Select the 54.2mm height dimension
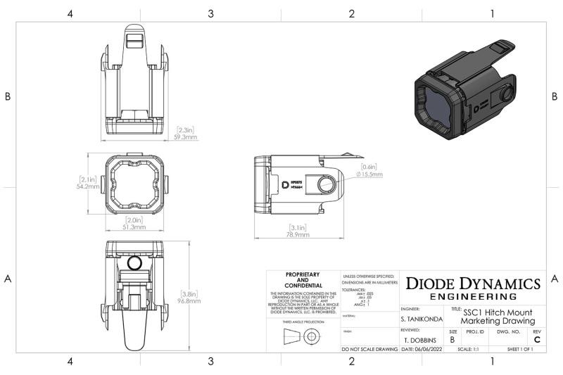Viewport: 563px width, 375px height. click(88, 187)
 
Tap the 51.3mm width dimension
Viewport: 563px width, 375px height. click(135, 227)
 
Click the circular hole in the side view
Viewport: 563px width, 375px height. click(326, 184)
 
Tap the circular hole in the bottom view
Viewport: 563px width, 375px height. click(136, 263)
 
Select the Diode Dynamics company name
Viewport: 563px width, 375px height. click(473, 284)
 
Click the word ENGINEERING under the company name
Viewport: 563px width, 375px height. click(473, 296)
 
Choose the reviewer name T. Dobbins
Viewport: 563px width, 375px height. click(421, 339)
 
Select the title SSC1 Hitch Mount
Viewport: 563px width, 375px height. click(498, 312)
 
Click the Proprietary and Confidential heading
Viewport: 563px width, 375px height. click(303, 279)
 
